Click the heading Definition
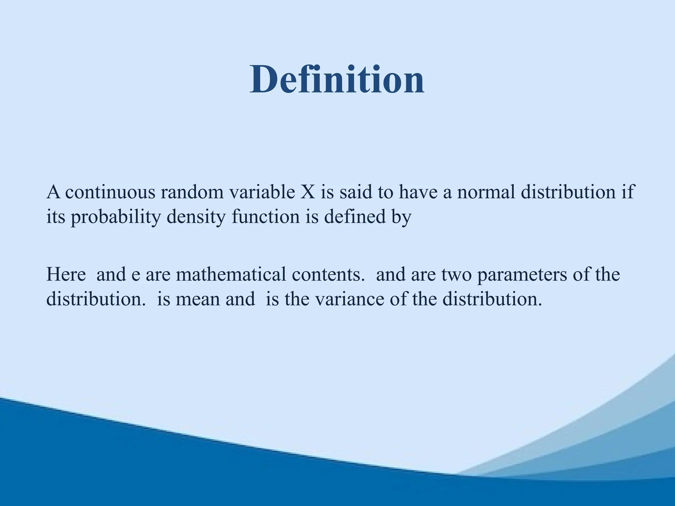[x=337, y=80]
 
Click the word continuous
[x=110, y=192]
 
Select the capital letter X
[x=308, y=192]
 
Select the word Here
[x=66, y=274]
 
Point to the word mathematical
[x=231, y=274]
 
